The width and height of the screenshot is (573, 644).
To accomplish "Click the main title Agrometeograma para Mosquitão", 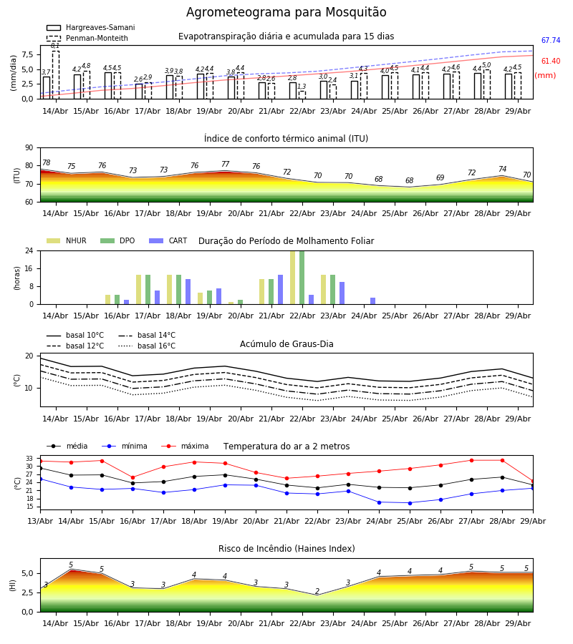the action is coord(286,12).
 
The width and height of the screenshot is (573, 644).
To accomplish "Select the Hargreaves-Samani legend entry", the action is coord(90,27).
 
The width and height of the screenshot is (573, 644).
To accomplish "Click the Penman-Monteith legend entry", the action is coord(87,38).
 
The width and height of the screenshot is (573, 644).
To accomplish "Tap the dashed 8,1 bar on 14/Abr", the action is coord(55,74).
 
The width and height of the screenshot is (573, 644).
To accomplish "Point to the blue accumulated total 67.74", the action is coord(551,40).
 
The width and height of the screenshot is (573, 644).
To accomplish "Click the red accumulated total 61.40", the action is coord(551,62).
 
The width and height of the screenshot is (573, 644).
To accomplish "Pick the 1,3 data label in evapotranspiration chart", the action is coord(302,87).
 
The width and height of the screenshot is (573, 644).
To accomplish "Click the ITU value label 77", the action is coord(225,164).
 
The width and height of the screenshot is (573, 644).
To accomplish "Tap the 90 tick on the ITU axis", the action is coord(29,148).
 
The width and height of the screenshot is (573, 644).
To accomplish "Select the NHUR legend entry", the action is coord(67,240).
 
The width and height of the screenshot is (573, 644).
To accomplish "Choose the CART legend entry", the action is coord(168,240).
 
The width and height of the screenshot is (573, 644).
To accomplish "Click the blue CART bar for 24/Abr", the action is coord(373,301).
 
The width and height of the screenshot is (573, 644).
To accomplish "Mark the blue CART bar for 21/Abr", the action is coord(280,290).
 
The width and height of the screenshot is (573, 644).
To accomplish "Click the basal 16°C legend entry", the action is coord(147,346).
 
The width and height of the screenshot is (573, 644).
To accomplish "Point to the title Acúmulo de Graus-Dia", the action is coord(286,344).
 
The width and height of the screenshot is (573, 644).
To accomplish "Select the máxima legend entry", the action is coord(185,446).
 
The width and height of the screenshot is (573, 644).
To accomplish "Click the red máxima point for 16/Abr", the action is coord(133,478).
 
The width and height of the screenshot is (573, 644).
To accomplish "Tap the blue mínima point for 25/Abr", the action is coord(410,503).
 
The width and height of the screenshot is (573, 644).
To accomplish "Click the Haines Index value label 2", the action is coord(317,592).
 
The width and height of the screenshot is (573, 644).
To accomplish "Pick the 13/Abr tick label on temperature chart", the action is coord(40,521).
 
